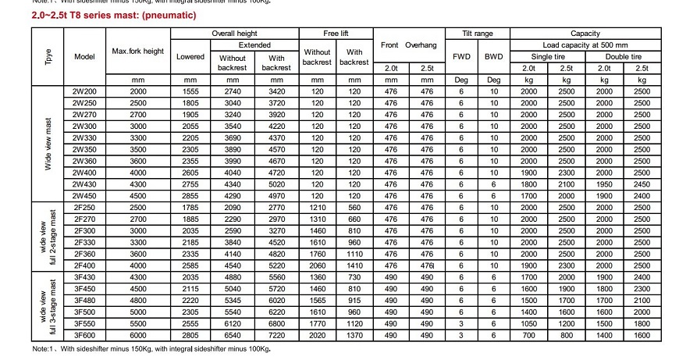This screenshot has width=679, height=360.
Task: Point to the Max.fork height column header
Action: (138, 51)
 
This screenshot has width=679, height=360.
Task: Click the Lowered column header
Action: (190, 56)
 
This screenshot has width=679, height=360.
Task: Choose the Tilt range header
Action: (477, 34)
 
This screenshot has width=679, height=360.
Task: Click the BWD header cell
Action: (493, 56)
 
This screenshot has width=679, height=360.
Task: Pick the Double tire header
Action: (623, 57)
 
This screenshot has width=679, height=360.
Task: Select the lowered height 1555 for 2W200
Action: (190, 92)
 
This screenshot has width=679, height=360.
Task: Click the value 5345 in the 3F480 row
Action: (233, 299)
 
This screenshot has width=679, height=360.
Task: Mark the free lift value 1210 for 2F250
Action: (316, 209)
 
